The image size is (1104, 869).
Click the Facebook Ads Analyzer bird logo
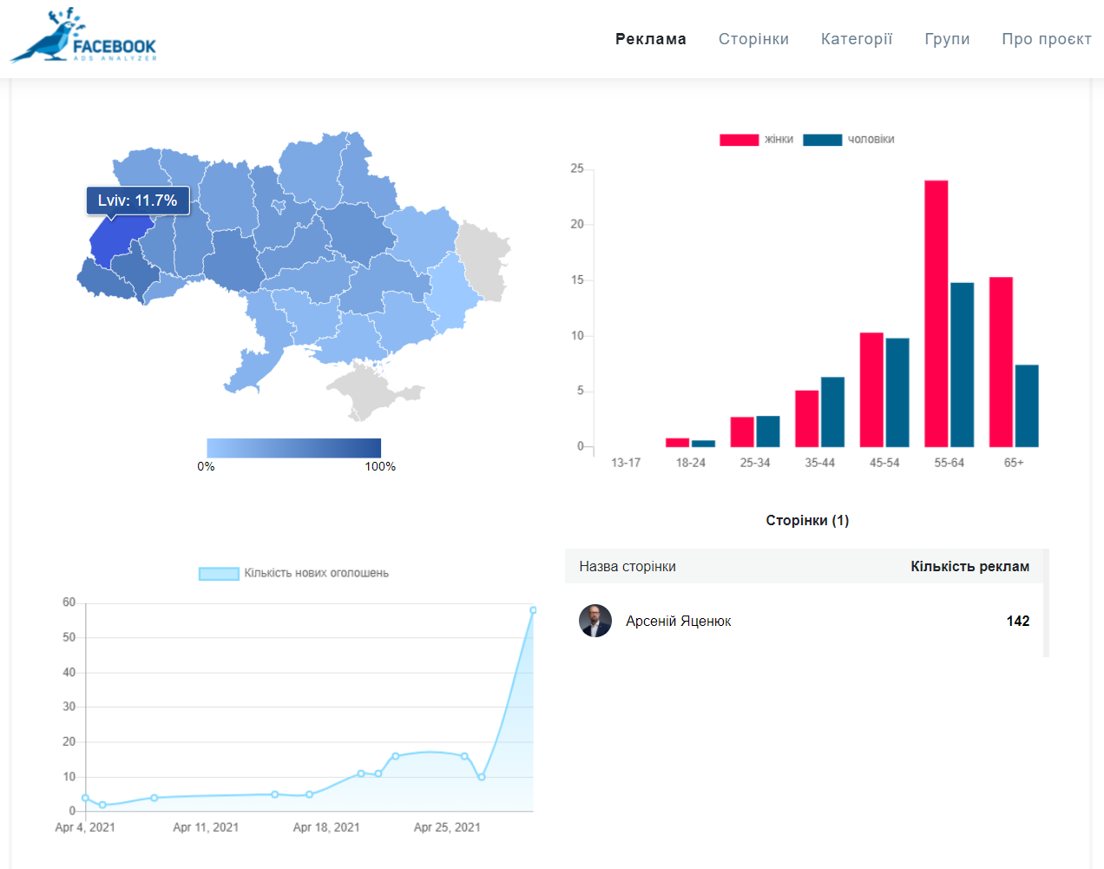(x=82, y=36)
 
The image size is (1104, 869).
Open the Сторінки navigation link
(x=753, y=39)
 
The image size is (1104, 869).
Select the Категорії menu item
(x=856, y=39)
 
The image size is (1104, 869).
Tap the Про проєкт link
(x=1046, y=39)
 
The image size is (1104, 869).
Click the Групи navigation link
(x=947, y=39)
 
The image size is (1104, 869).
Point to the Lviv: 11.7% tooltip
(x=137, y=201)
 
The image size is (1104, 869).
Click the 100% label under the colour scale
(x=380, y=466)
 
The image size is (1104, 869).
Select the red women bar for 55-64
(x=936, y=313)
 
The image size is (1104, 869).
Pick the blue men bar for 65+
(x=1027, y=405)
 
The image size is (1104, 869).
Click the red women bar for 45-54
(x=871, y=389)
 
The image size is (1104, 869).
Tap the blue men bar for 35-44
(x=832, y=411)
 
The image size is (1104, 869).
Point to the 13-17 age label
(x=626, y=463)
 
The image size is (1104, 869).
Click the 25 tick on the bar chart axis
(x=577, y=168)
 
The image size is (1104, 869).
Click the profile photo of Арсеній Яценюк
(x=595, y=621)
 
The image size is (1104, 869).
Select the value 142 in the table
(x=1017, y=621)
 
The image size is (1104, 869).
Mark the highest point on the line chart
(x=533, y=610)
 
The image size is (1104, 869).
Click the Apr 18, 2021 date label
(x=326, y=827)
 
